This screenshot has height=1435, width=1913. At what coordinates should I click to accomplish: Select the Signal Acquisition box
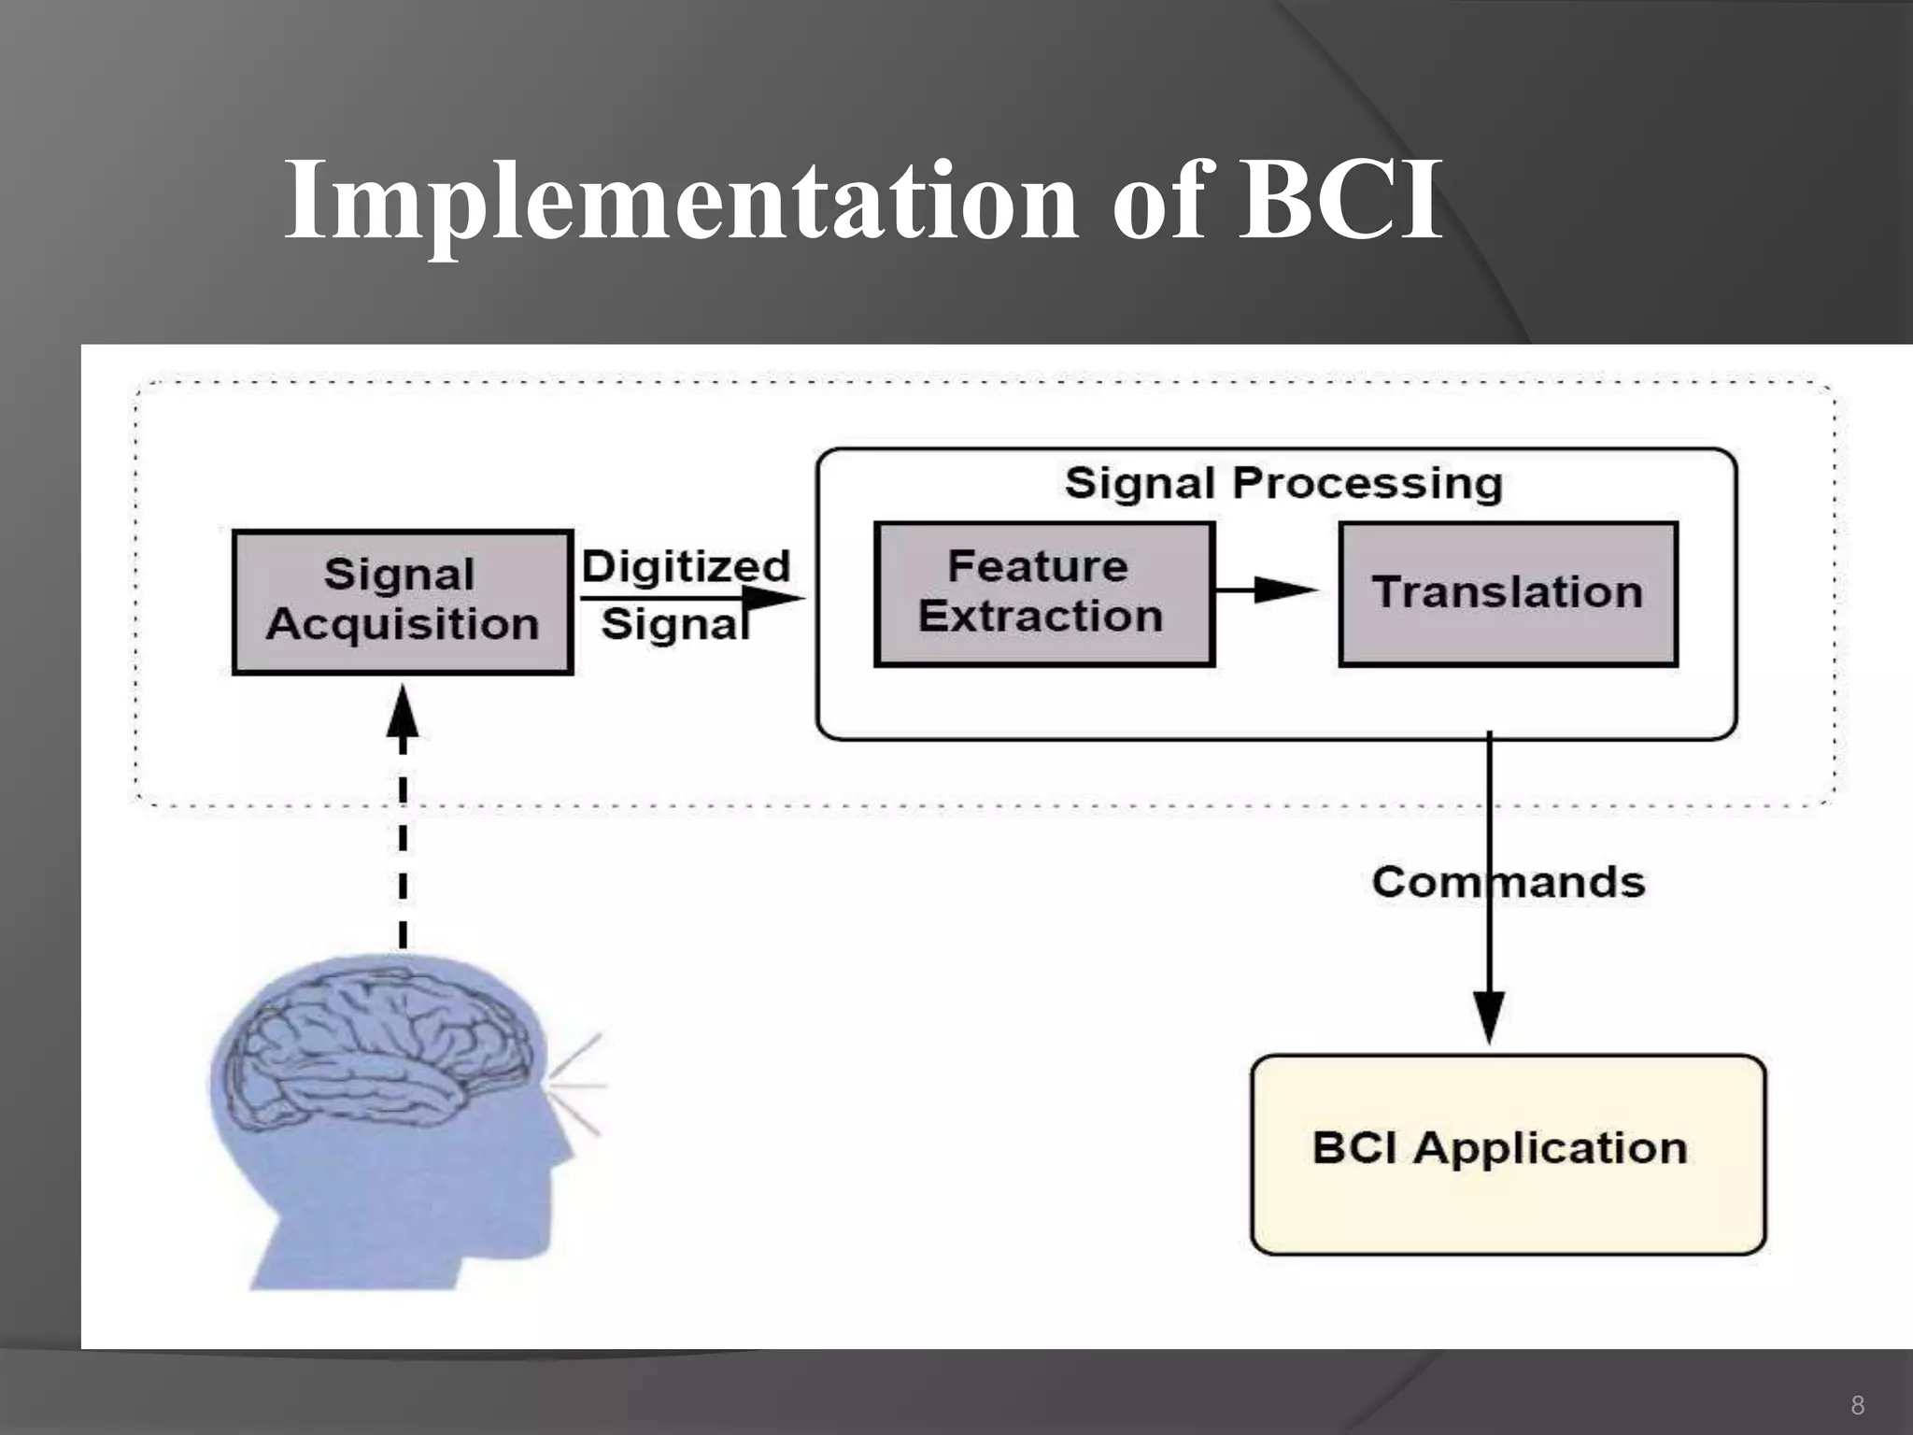click(402, 601)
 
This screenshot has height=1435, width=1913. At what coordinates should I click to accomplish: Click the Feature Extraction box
click(1043, 593)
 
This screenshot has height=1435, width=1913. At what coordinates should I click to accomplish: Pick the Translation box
click(1508, 593)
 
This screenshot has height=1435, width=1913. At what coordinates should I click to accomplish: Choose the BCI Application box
click(1508, 1155)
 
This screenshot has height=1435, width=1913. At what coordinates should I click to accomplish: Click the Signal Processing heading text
click(1283, 484)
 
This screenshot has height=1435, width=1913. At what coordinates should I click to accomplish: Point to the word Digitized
click(687, 566)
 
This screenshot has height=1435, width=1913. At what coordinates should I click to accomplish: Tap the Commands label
click(1508, 882)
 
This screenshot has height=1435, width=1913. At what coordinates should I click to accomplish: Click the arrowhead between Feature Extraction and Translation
click(1284, 590)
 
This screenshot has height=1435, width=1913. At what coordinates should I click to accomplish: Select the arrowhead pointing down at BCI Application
click(1489, 1018)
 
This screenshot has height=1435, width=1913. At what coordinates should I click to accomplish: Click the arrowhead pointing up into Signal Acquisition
click(403, 714)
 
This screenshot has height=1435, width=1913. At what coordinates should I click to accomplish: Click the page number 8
click(1857, 1405)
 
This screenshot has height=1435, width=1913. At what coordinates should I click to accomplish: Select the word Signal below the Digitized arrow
click(674, 624)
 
